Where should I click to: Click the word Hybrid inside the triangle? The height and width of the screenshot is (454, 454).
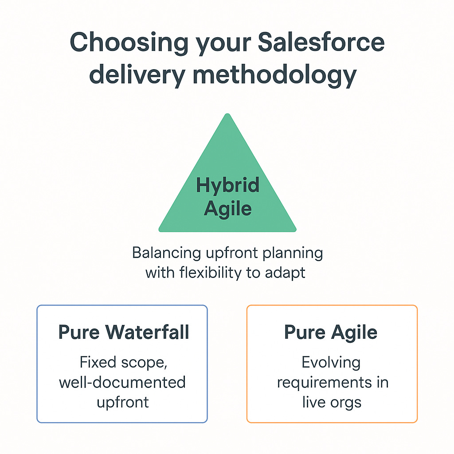[227, 185]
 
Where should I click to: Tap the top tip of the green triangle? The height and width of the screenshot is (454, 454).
[227, 115]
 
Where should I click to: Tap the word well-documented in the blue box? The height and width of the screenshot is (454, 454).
[122, 382]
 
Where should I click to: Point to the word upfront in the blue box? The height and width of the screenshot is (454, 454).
[122, 403]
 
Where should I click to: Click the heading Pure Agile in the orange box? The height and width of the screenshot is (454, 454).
[331, 333]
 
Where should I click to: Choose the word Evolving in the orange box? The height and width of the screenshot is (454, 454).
[331, 363]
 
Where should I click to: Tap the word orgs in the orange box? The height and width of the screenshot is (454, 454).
[347, 402]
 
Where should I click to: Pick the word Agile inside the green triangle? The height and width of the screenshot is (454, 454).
[227, 208]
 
